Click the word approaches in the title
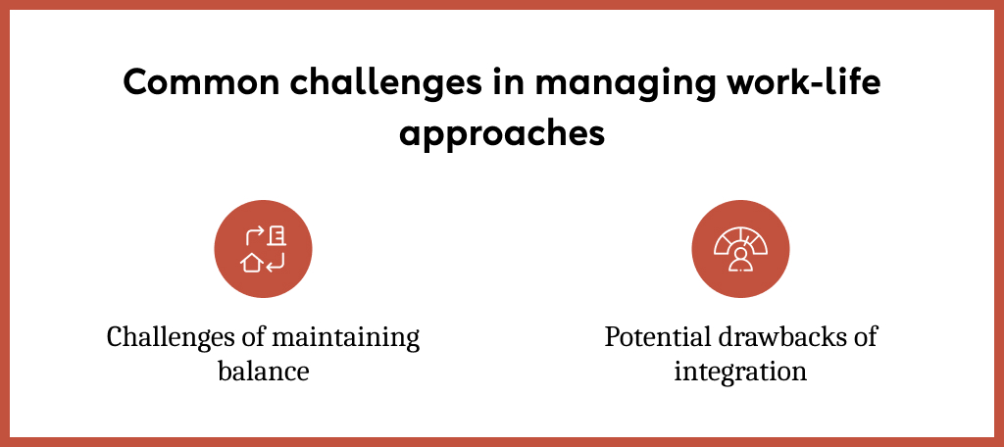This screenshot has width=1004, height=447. coord(501,132)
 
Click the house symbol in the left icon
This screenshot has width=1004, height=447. coord(252,262)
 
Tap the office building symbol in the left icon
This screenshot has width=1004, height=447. coord(277,235)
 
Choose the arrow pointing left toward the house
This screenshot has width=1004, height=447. coord(276,261)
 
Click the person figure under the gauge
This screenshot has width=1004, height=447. coord(740,259)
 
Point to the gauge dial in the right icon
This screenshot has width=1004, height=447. coord(740,238)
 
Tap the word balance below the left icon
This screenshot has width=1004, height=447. coord(263,372)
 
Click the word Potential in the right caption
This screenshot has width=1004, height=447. coord(651,337)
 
